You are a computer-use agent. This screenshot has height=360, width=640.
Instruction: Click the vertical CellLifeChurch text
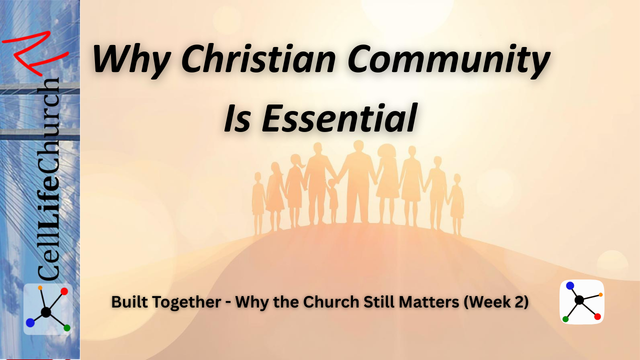(x=46, y=175)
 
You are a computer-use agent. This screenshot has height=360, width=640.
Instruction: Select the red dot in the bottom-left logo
(x=63, y=292)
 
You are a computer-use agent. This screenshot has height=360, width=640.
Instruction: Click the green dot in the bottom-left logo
(x=65, y=326)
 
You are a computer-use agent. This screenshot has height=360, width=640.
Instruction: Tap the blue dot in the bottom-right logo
(x=570, y=287)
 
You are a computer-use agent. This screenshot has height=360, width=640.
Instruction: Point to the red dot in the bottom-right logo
(x=596, y=316)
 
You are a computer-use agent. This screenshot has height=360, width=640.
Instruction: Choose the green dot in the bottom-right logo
(x=566, y=319)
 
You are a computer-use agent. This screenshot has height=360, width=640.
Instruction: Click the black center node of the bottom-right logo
(x=581, y=301)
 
